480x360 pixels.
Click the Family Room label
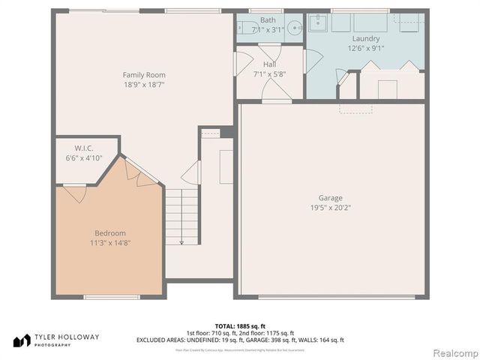(x=144, y=75)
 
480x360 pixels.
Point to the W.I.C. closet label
(x=83, y=148)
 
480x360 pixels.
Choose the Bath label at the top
(x=268, y=20)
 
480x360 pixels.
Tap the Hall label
(x=269, y=64)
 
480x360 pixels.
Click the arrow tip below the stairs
(x=181, y=243)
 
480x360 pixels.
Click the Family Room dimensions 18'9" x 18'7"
(x=144, y=85)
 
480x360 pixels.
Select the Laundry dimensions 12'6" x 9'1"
(x=366, y=48)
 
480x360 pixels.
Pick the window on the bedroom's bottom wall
(x=112, y=297)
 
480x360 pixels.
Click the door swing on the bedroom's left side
(x=74, y=193)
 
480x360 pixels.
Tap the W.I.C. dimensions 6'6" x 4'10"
(x=83, y=158)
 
